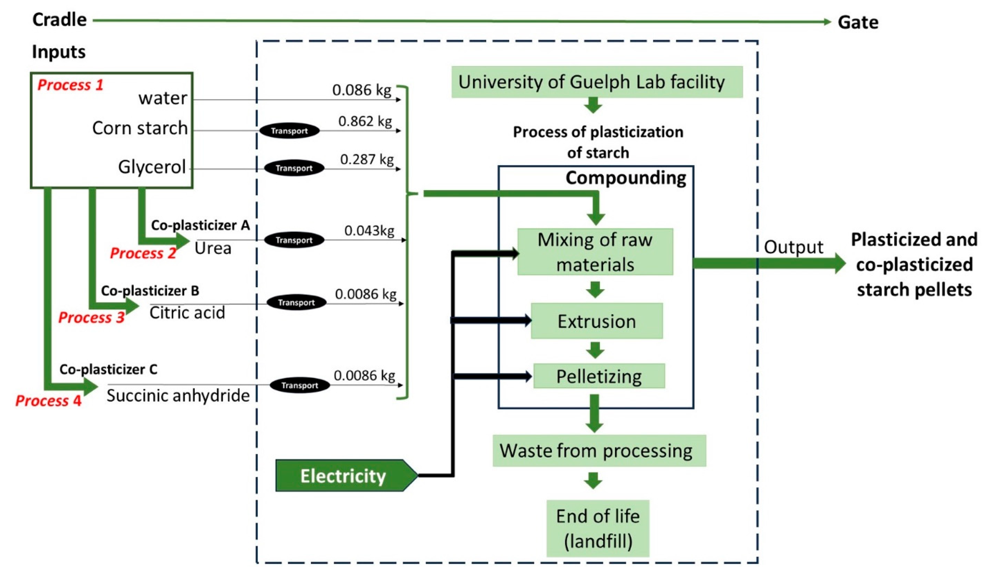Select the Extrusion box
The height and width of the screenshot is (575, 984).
[596, 321]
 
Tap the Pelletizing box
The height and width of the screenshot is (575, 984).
[599, 376]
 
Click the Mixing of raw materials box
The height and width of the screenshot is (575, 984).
[595, 252]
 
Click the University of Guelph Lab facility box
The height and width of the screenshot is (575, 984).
[597, 82]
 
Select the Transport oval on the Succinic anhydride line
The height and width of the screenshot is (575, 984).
[299, 385]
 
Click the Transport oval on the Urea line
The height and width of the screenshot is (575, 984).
[294, 240]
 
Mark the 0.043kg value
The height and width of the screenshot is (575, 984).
[369, 230]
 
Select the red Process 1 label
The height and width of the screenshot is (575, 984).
[70, 85]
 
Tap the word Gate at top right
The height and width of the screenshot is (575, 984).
[858, 22]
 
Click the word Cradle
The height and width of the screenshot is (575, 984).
[59, 20]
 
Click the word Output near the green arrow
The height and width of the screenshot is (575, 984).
[793, 247]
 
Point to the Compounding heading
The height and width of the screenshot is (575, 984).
[625, 178]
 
